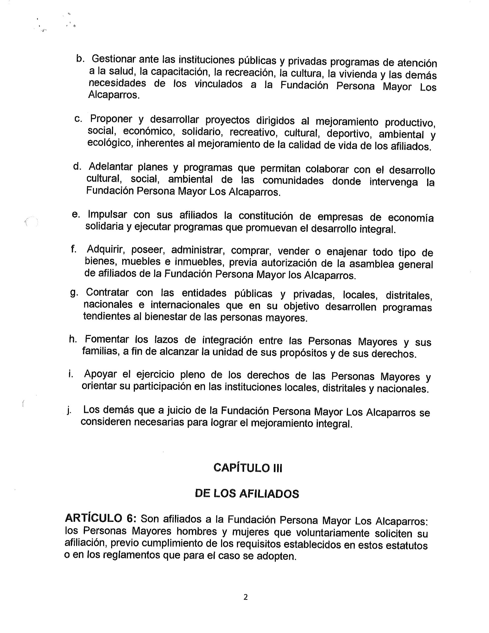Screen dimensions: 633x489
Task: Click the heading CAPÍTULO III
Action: coord(247,468)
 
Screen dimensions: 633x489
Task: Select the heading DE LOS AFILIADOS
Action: coord(247,494)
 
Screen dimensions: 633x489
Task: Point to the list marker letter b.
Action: coord(79,58)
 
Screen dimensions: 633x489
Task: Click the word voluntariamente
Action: coord(332,532)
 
